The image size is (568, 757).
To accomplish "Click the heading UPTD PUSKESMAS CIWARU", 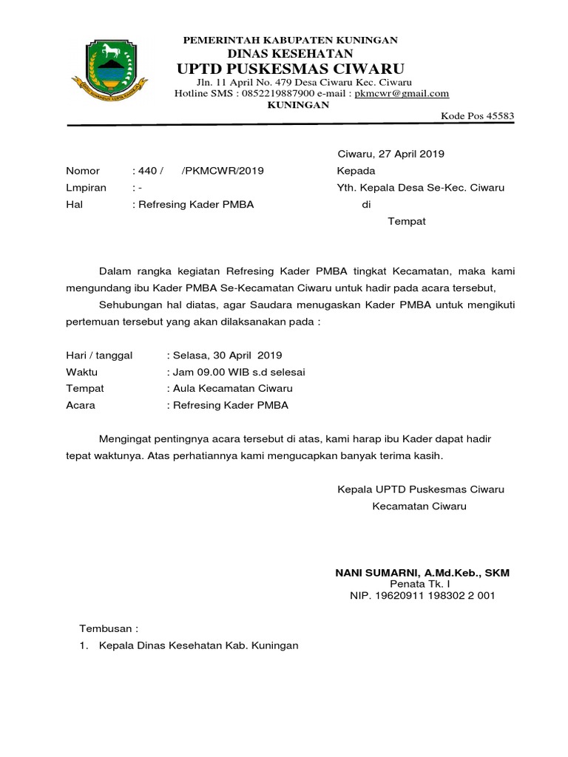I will [x=290, y=69].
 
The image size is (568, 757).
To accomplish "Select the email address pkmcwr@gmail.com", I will [x=402, y=93].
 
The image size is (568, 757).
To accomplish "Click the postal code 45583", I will [x=498, y=116].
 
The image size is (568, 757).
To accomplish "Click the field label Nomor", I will [x=82, y=171].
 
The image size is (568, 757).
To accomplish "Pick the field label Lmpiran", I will [x=86, y=188].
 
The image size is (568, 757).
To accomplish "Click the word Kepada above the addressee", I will [x=356, y=171].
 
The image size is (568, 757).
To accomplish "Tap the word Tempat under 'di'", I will [x=407, y=221].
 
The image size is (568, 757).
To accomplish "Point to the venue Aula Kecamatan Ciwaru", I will [x=232, y=388].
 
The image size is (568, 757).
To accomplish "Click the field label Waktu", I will [x=81, y=371].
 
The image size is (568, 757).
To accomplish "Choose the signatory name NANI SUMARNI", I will [x=375, y=573].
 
